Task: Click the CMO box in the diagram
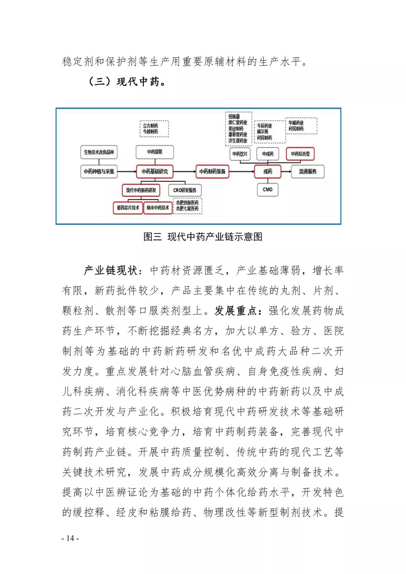tap(268, 189)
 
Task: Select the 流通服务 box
tap(308, 171)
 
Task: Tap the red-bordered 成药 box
tap(268, 171)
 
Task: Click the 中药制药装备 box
tap(212, 171)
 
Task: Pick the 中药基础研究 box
tap(155, 171)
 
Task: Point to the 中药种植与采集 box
tap(99, 171)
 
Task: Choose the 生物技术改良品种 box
tap(99, 152)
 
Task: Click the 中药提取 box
tap(155, 152)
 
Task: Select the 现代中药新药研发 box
tap(141, 190)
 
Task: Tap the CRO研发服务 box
tap(185, 190)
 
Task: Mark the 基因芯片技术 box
tap(128, 207)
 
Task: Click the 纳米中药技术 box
tap(158, 207)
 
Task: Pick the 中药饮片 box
tap(240, 154)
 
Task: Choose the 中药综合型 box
tap(300, 154)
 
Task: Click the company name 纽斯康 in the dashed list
tap(234, 117)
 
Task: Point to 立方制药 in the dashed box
tap(150, 126)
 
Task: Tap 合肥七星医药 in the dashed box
tap(187, 209)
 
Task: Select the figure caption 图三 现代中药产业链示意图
tap(203, 237)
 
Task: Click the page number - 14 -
tap(70, 538)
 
